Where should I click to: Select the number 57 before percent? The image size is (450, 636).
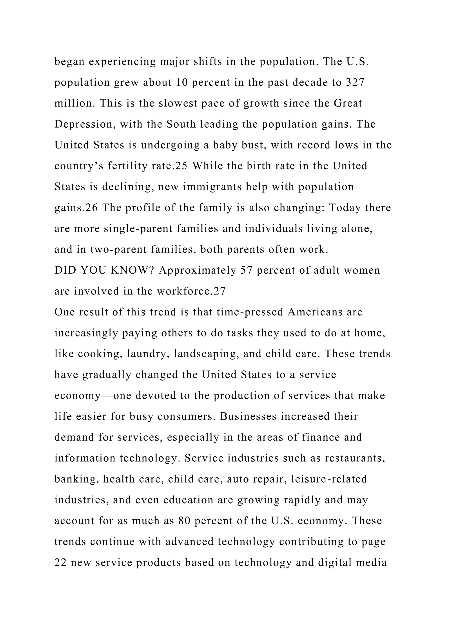point(246,270)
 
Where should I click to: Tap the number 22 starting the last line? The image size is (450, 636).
point(60,563)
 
